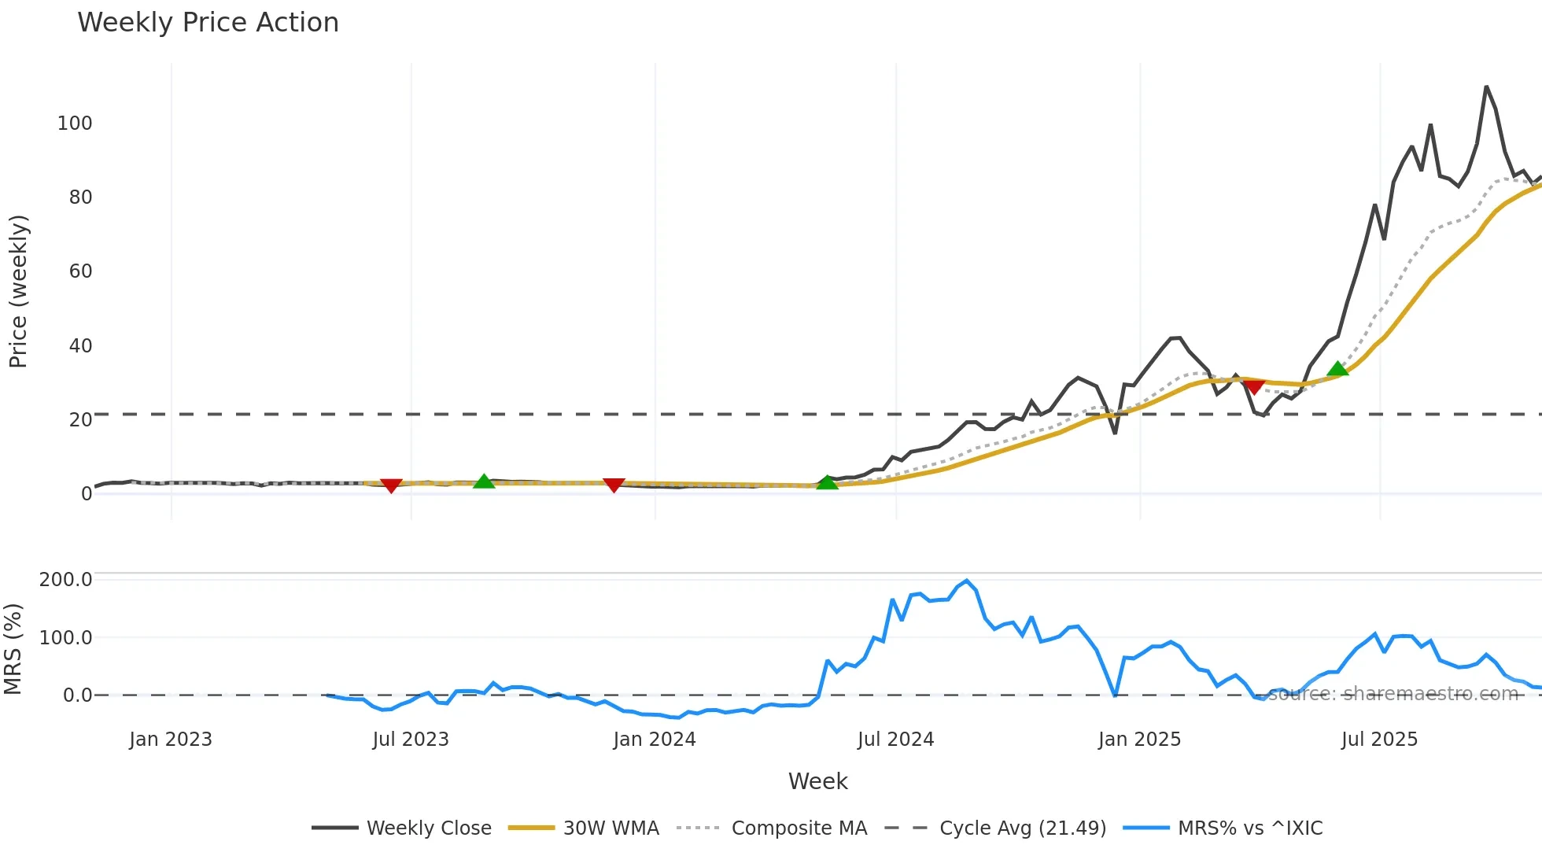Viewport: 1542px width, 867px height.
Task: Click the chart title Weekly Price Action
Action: [x=208, y=23]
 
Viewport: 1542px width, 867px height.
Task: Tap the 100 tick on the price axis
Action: [x=75, y=124]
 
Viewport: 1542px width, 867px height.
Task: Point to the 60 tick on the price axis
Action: [x=80, y=271]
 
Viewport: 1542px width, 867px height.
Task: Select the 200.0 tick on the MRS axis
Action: [x=66, y=580]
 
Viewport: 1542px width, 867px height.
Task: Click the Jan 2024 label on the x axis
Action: [x=655, y=740]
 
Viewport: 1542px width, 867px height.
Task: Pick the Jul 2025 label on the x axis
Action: [x=1379, y=740]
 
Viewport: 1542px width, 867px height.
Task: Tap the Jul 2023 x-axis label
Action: [x=411, y=740]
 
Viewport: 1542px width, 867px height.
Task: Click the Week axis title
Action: [x=817, y=781]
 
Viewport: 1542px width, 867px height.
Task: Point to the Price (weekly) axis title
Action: [x=18, y=291]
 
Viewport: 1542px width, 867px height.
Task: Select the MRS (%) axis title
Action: [x=13, y=649]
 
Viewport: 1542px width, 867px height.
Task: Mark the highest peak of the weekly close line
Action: [x=1486, y=87]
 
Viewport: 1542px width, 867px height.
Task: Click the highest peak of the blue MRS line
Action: [x=967, y=581]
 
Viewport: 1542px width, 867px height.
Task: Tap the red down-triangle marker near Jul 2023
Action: [x=391, y=485]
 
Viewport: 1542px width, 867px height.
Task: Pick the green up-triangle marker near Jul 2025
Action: [x=1337, y=368]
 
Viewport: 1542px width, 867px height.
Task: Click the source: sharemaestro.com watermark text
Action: [x=1393, y=694]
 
